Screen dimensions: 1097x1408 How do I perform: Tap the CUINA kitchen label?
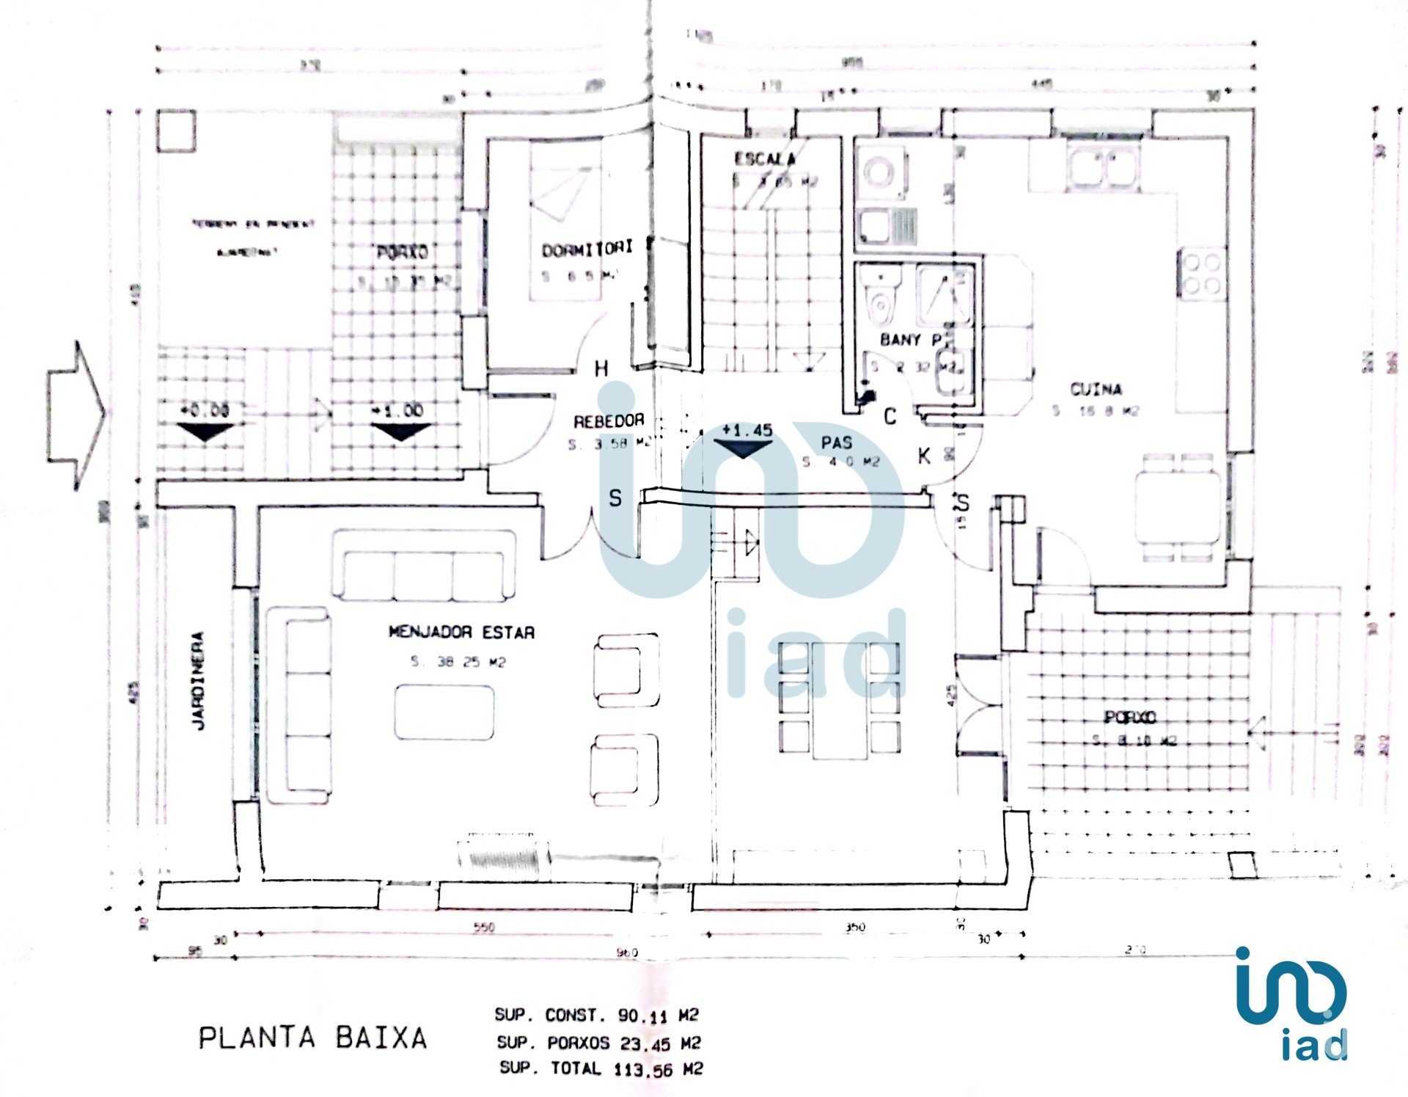point(1096,389)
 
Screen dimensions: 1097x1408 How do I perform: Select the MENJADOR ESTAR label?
point(461,632)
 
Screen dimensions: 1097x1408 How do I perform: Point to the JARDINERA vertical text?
point(199,680)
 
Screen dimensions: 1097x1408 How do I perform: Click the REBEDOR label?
point(609,421)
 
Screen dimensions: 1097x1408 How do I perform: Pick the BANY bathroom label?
point(909,340)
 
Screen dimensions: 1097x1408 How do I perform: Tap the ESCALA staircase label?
point(764,158)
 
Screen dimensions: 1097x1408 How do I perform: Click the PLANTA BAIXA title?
point(312,1038)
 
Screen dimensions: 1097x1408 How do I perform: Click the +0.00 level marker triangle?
point(205,431)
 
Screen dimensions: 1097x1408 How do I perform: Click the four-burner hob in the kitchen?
point(1201,274)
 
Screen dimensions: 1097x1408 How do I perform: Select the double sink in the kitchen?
point(1102,168)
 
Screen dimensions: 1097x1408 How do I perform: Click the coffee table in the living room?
point(444,712)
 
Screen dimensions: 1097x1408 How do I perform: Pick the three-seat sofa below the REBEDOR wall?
point(423,566)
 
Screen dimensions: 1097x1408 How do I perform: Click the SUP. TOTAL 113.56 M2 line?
point(601,1068)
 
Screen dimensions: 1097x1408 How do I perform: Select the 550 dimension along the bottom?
point(483,927)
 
